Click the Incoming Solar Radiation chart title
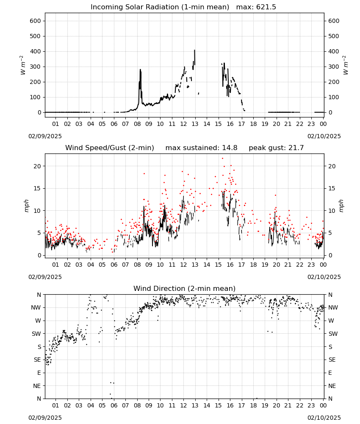(160, 7)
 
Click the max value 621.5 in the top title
(266, 7)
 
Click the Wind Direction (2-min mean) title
(185, 288)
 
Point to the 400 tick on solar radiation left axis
(36, 51)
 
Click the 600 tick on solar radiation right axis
(334, 21)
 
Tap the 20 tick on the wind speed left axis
(37, 166)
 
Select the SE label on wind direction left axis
(37, 360)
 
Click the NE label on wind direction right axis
(332, 386)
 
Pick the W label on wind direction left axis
(39, 321)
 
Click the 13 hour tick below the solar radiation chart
(195, 124)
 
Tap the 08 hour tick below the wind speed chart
(137, 265)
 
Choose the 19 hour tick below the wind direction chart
(265, 405)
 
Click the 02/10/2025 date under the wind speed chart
(324, 277)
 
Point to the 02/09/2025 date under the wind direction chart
(45, 418)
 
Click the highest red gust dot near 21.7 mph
(222, 159)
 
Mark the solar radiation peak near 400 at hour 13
(194, 50)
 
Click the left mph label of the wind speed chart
(26, 206)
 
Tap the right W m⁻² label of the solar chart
(346, 65)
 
